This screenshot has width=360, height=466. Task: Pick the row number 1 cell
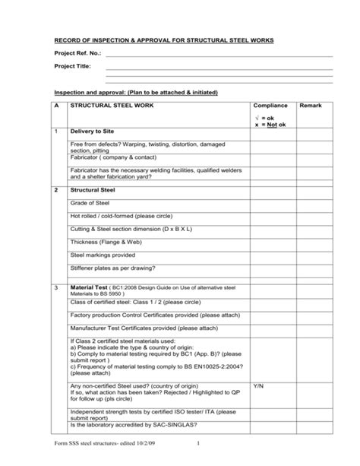pyautogui.click(x=56, y=132)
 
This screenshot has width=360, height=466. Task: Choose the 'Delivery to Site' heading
pyautogui.click(x=96, y=132)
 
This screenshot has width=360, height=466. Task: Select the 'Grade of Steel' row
pyautogui.click(x=93, y=203)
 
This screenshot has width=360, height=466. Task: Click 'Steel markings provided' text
pyautogui.click(x=103, y=255)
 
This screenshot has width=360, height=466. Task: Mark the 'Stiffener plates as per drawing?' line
pyautogui.click(x=112, y=269)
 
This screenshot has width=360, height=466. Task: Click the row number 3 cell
pyautogui.click(x=56, y=288)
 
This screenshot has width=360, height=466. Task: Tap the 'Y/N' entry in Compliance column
pyautogui.click(x=258, y=385)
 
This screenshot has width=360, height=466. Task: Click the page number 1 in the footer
pyautogui.click(x=197, y=445)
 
